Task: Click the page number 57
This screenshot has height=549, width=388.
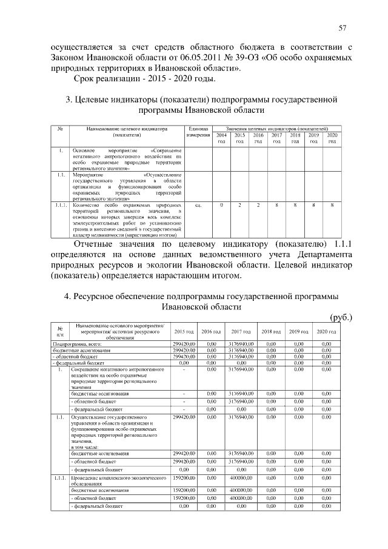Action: (x=343, y=28)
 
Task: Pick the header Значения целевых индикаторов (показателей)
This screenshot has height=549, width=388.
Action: (x=276, y=129)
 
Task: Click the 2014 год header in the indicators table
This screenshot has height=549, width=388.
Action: (x=221, y=138)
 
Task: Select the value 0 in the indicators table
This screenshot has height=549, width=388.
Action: (x=221, y=206)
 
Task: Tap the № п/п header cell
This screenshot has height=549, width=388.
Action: (x=59, y=331)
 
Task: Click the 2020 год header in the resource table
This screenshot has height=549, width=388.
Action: (x=326, y=331)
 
